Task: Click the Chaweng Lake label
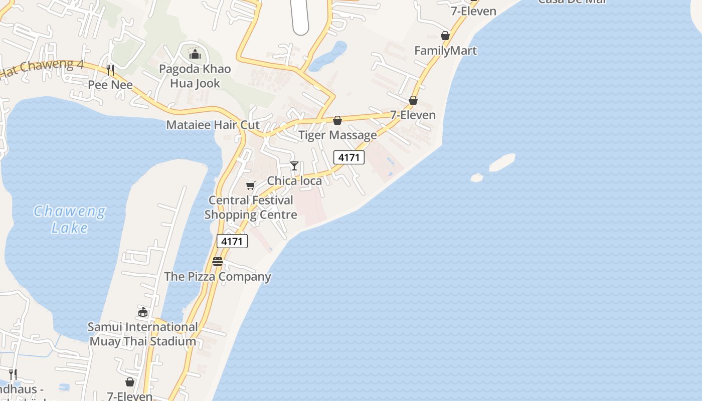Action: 70,220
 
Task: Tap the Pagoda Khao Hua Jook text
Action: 195,76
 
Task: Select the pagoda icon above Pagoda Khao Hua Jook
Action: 195,53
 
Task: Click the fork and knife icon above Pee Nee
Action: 110,70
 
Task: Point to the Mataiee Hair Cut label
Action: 213,125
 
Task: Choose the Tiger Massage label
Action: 337,135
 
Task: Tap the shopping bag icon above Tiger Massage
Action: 337,120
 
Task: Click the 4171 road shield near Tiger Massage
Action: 349,157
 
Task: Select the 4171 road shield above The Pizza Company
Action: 232,241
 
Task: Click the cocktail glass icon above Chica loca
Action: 294,166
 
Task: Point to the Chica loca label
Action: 294,180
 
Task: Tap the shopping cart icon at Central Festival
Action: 251,185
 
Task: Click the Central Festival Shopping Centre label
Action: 251,207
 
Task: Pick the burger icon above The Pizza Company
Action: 218,262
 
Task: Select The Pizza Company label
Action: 218,276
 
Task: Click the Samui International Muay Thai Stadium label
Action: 143,334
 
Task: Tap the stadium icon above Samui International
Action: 143,312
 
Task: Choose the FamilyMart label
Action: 445,51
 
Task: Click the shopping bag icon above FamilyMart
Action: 445,36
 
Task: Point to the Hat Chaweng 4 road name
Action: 43,69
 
